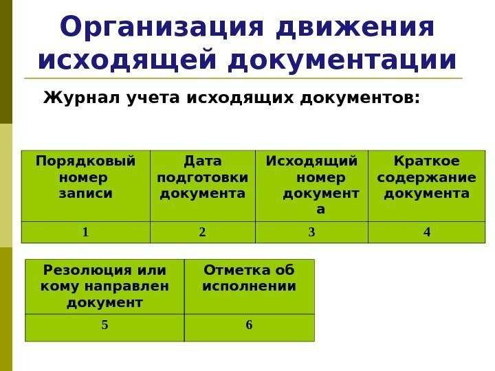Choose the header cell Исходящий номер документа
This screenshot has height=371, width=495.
(311, 185)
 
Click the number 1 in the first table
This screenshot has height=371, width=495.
(85, 232)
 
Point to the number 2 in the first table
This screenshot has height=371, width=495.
(202, 232)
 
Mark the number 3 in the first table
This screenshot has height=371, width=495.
(311, 232)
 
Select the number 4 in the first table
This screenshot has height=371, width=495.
(426, 232)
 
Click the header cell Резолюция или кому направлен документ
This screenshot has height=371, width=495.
(104, 285)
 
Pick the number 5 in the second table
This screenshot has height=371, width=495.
(104, 326)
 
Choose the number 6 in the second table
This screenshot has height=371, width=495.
(249, 326)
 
